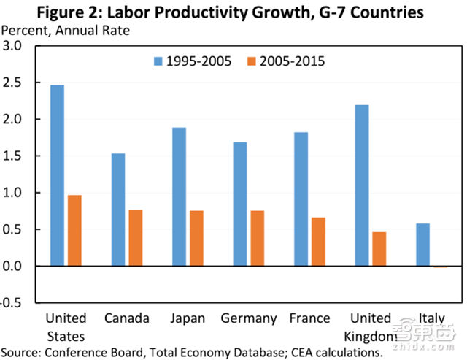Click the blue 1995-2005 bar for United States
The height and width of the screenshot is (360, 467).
[57, 176]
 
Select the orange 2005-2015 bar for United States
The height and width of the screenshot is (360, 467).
[75, 231]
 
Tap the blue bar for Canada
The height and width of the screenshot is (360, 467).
[118, 210]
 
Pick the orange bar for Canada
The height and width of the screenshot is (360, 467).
[136, 238]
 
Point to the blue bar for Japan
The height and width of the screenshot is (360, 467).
[179, 197]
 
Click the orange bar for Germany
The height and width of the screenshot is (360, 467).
[258, 238]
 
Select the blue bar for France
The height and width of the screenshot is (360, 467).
[301, 199]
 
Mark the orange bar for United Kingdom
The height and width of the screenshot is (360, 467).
[379, 249]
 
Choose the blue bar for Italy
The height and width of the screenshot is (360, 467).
[422, 245]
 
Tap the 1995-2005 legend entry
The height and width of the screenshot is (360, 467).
[189, 61]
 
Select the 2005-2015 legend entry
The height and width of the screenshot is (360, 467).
[285, 61]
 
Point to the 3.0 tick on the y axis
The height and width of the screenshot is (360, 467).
[15, 46]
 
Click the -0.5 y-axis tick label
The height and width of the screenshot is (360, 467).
[13, 303]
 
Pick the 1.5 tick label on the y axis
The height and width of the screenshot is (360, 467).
[15, 156]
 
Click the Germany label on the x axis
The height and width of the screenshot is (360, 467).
[249, 318]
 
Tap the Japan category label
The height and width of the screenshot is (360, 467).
[187, 318]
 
